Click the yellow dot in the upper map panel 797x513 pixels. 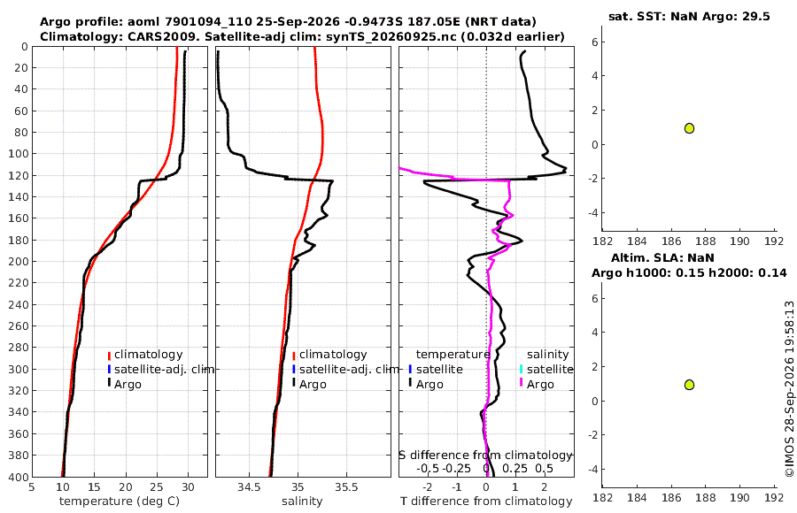click(689, 128)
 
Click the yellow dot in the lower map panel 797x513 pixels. click(689, 385)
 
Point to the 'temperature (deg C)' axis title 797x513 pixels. click(120, 502)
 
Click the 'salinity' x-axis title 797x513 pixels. click(303, 502)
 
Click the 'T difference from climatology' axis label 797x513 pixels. click(486, 502)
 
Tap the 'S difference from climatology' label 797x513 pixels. click(486, 456)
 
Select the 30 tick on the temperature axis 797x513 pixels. click(188, 487)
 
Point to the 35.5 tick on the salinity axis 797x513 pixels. click(346, 487)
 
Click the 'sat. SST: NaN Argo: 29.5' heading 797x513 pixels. click(689, 16)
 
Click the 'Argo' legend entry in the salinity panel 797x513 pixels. click(310, 384)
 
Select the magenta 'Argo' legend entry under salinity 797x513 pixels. click(538, 384)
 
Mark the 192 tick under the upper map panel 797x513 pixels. click(774, 241)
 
